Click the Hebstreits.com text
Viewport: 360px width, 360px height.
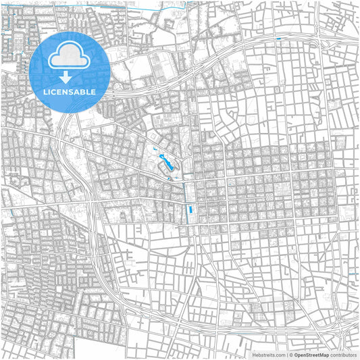pos(268,355)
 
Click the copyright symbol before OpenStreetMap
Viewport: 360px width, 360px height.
pos(290,355)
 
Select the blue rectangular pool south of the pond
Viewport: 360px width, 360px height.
pos(190,210)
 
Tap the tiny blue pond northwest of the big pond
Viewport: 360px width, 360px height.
pos(155,147)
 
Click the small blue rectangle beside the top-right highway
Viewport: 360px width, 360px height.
pos(278,39)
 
